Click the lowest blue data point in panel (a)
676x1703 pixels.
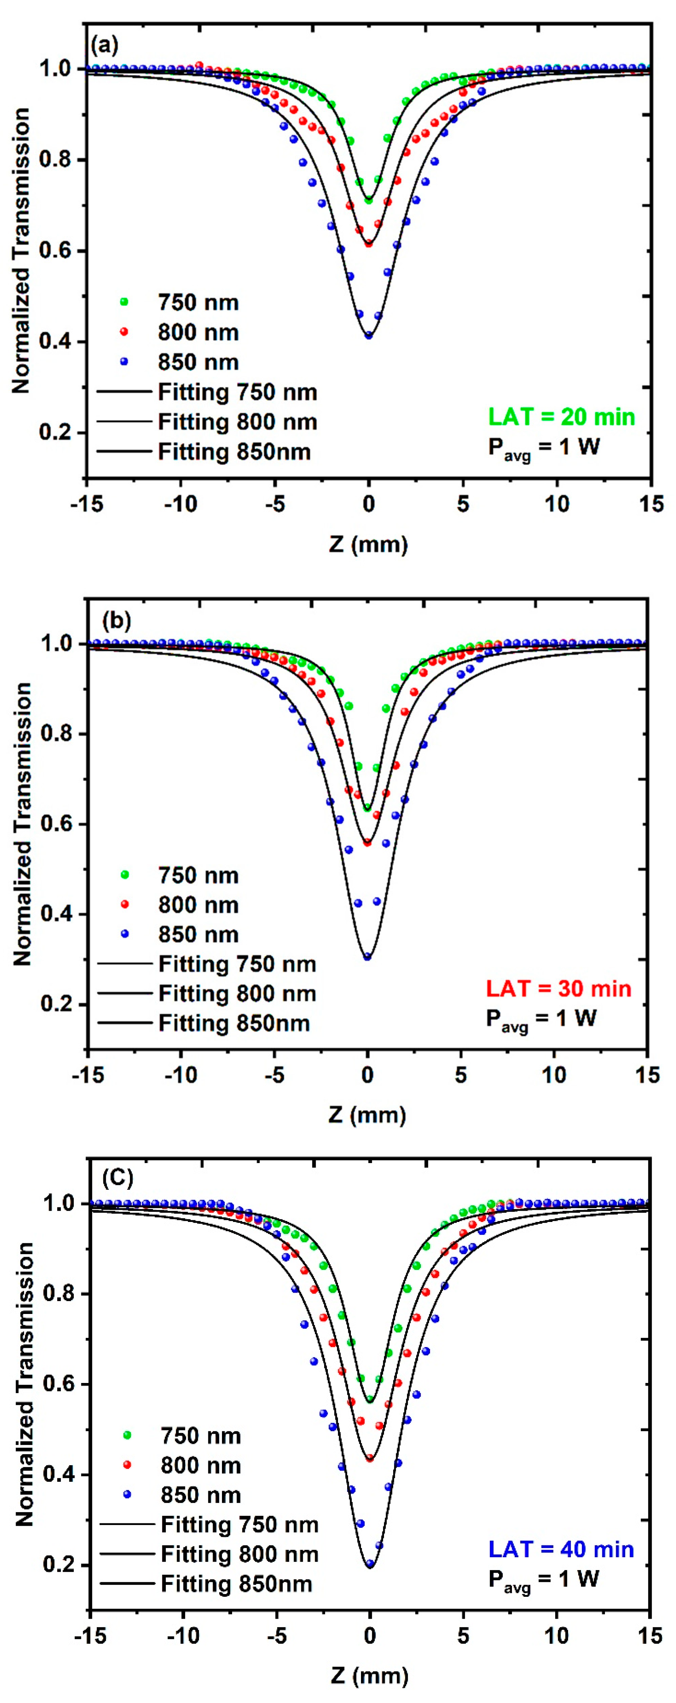[x=368, y=336]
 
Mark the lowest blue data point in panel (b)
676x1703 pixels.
[x=367, y=957]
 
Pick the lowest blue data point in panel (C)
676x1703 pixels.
[x=370, y=1564]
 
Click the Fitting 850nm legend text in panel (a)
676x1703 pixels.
[x=234, y=452]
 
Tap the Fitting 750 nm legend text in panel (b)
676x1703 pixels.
[x=237, y=964]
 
